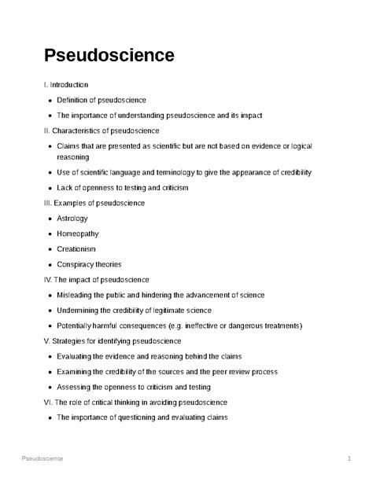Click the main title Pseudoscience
pyautogui.click(x=109, y=56)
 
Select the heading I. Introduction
pyautogui.click(x=66, y=84)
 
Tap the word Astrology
pyautogui.click(x=72, y=218)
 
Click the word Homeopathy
pyautogui.click(x=79, y=234)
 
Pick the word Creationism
pyautogui.click(x=77, y=248)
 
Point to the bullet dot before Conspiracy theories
pyautogui.click(x=50, y=264)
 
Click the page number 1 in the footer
pyautogui.click(x=348, y=458)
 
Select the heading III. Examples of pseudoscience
pyautogui.click(x=94, y=203)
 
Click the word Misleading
pyautogui.click(x=77, y=295)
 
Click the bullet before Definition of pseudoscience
pyautogui.click(x=50, y=100)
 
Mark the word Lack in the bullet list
pyautogui.click(x=65, y=188)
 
